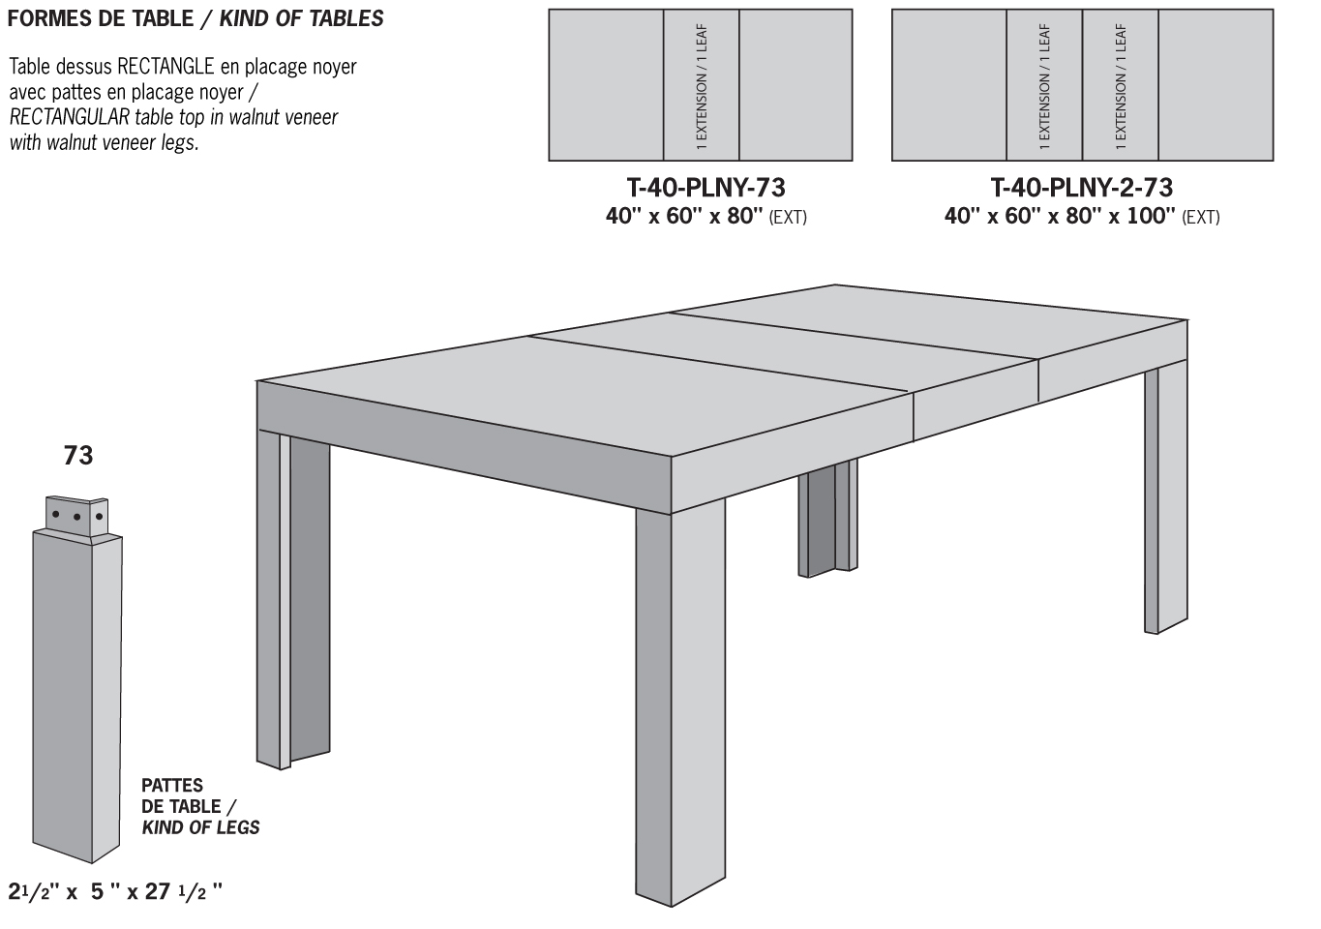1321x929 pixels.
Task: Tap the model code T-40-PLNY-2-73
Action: point(1081,187)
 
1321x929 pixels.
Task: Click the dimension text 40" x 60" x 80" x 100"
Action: point(1060,216)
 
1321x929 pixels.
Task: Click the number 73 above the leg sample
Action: point(78,455)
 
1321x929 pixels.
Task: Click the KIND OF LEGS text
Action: point(200,827)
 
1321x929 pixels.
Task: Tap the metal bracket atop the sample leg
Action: point(78,516)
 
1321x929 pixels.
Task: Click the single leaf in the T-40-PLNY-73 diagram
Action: point(702,85)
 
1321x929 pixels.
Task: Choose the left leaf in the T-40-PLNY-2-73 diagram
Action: point(1044,85)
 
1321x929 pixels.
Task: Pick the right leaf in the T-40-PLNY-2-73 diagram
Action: point(1121,85)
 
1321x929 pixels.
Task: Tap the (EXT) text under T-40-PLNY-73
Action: point(788,217)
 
